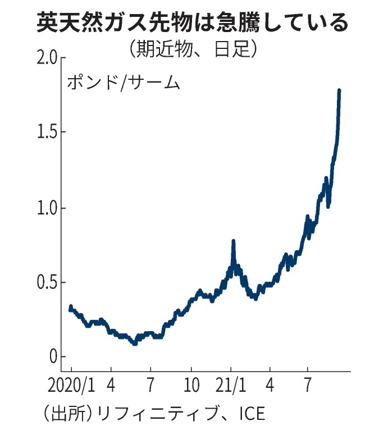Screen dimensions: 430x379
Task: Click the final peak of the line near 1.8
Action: tap(339, 90)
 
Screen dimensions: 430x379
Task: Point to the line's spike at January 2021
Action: tap(233, 241)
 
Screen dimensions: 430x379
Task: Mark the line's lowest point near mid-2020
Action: tap(134, 343)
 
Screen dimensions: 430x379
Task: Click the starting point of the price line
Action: tap(70, 307)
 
